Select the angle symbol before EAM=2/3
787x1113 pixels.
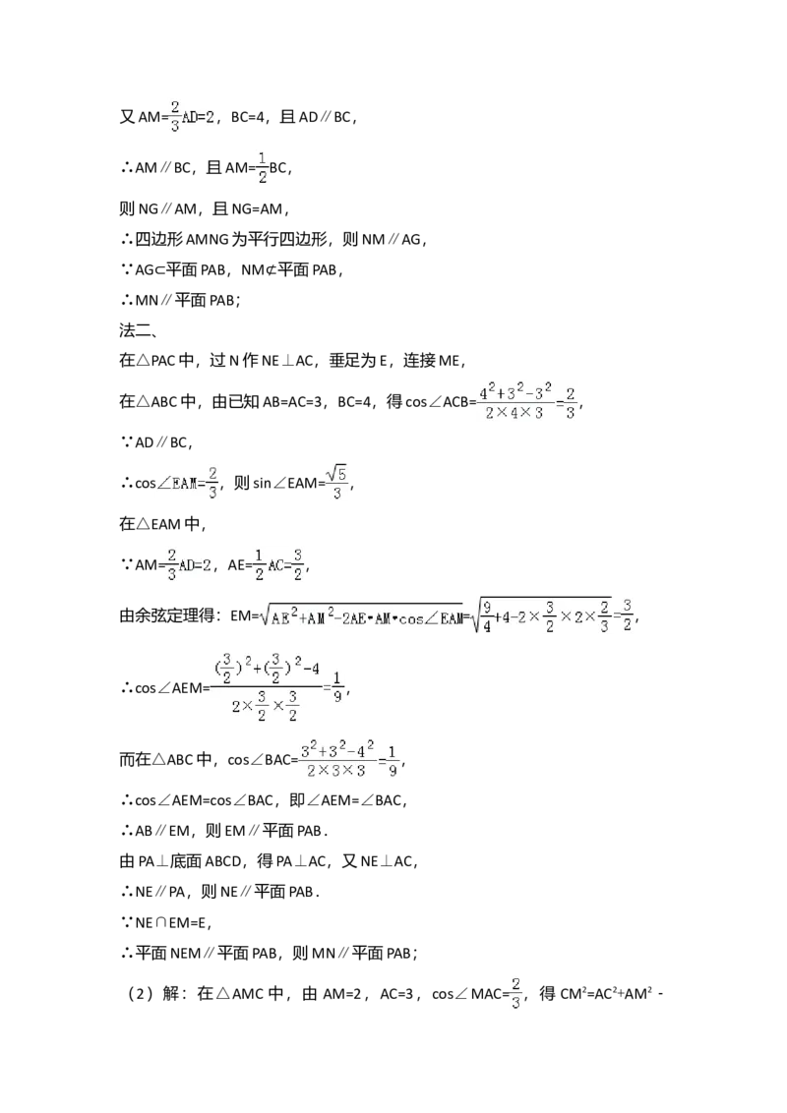(162, 483)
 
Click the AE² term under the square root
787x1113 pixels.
(287, 617)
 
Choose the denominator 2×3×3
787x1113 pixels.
(335, 772)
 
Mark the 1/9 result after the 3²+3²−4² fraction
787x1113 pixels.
(393, 760)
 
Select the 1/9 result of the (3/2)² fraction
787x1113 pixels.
(336, 685)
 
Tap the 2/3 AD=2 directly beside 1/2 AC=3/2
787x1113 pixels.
(187, 566)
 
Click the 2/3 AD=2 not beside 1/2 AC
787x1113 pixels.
(192, 114)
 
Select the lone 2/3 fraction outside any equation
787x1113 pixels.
(515, 992)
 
